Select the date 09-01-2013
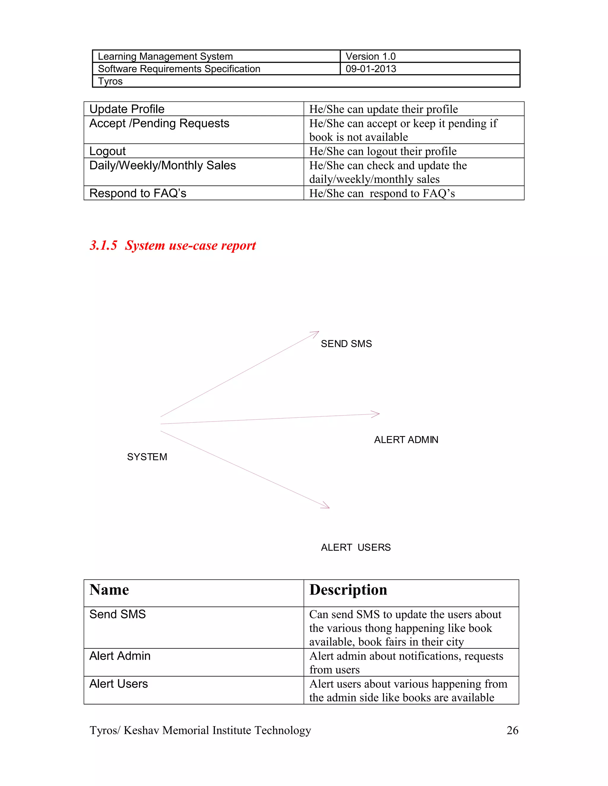[x=370, y=69]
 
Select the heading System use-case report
[x=172, y=246]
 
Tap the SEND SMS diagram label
[x=346, y=344]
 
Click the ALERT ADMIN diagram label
[x=406, y=440]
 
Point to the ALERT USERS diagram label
[x=355, y=548]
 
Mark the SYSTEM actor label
[x=147, y=457]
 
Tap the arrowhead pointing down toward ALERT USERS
[x=326, y=506]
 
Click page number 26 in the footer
[x=512, y=730]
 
